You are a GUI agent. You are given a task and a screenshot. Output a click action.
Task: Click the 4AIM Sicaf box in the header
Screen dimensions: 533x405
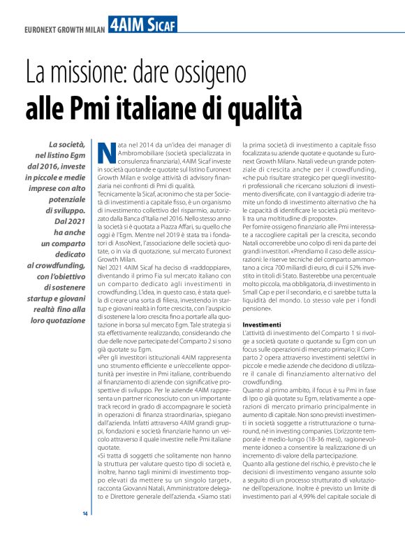(x=142, y=25)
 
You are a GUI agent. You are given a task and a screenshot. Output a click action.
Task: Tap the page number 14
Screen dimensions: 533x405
(x=85, y=514)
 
